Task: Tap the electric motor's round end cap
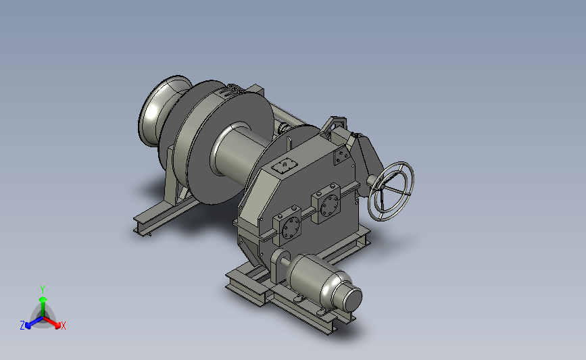pos(352,299)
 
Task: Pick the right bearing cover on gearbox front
pos(327,203)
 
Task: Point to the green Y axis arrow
pos(43,305)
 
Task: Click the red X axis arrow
pos(52,322)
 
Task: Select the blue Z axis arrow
pos(34,322)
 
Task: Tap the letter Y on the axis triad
pos(42,290)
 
